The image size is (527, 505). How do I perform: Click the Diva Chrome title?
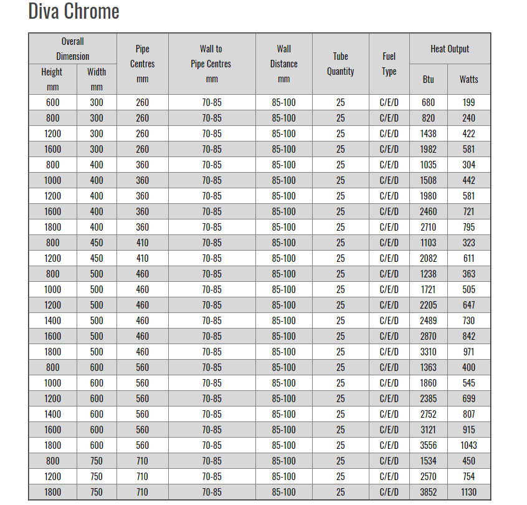pyautogui.click(x=74, y=11)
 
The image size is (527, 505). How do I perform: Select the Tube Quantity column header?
pyautogui.click(x=340, y=64)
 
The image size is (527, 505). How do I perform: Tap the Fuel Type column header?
pyautogui.click(x=389, y=64)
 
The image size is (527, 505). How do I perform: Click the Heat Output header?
pyautogui.click(x=450, y=49)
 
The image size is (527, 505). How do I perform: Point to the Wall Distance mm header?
pyautogui.click(x=283, y=64)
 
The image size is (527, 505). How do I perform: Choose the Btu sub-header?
pyautogui.click(x=428, y=79)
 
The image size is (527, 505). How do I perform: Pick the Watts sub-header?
pyautogui.click(x=468, y=79)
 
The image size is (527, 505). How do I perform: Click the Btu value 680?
pyautogui.click(x=428, y=102)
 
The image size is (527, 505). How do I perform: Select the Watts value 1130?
pyautogui.click(x=468, y=492)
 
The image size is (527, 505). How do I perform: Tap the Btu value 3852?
pyautogui.click(x=428, y=492)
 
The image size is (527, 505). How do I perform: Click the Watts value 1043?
pyautogui.click(x=468, y=445)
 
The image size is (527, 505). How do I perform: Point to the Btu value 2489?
pyautogui.click(x=428, y=320)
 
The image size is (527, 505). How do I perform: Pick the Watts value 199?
pyautogui.click(x=468, y=102)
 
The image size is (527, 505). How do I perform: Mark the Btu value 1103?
pyautogui.click(x=428, y=243)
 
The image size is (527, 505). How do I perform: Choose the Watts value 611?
pyautogui.click(x=468, y=258)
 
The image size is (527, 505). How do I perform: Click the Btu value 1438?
pyautogui.click(x=428, y=133)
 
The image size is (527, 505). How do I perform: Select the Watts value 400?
pyautogui.click(x=468, y=367)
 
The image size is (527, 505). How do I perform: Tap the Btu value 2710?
pyautogui.click(x=428, y=227)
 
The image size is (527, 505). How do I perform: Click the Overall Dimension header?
pyautogui.click(x=72, y=49)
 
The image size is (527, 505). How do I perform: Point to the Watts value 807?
pyautogui.click(x=468, y=414)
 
